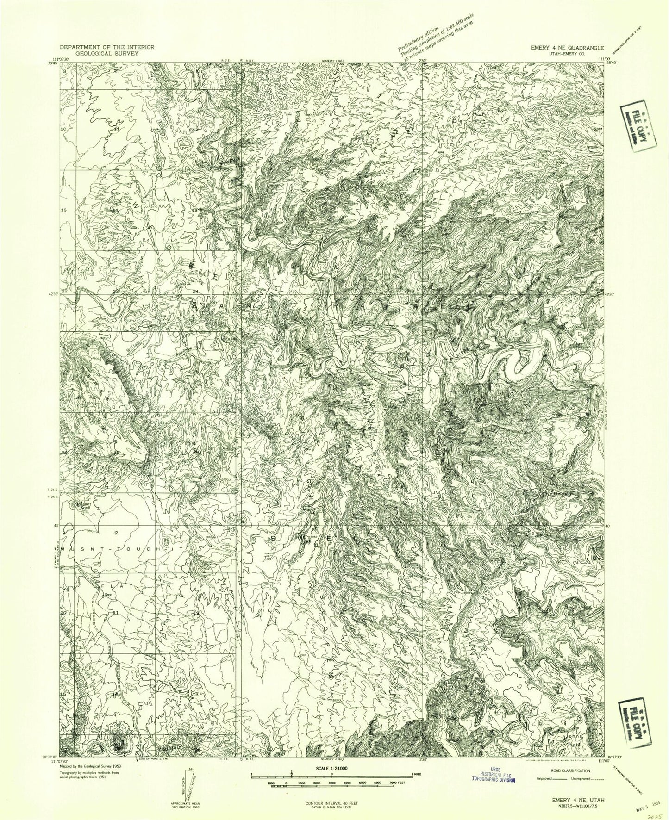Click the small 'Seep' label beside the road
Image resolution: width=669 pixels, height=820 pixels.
tap(108, 595)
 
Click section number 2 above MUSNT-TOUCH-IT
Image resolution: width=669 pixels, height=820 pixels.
tap(116, 533)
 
